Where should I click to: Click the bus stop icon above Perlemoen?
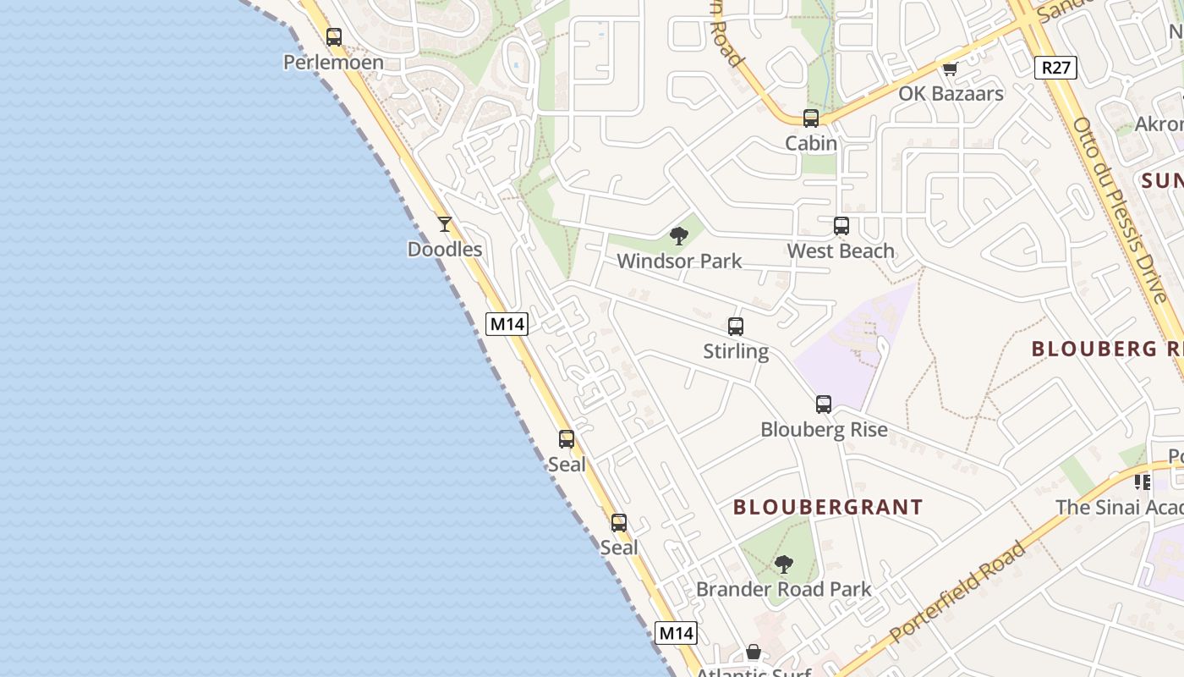[334, 37]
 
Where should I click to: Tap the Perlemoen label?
[333, 63]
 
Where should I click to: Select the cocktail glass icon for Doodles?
[445, 224]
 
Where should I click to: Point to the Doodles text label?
[445, 250]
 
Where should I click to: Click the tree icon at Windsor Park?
[679, 236]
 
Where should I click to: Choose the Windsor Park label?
[679, 261]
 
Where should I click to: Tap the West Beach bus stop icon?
[841, 226]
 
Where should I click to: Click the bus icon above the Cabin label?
[811, 118]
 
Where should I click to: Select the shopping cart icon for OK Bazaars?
[951, 69]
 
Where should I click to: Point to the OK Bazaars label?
[951, 94]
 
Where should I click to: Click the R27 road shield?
[1056, 68]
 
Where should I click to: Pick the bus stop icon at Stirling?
[736, 327]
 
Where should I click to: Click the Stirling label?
[736, 352]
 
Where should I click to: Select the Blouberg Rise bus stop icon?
[824, 405]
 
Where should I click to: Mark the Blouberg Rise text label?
[824, 430]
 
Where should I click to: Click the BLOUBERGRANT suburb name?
[828, 508]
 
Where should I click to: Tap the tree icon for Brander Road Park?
[784, 564]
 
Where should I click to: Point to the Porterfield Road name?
[958, 591]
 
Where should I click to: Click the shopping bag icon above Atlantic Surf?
[754, 652]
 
